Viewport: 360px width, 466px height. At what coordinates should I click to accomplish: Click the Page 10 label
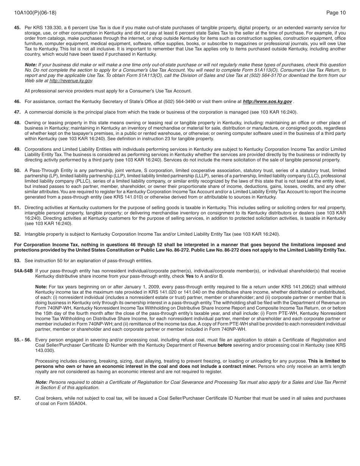(x=336, y=13)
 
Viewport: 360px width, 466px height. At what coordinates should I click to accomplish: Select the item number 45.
(x=17, y=28)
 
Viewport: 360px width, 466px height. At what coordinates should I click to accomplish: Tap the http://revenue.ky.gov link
(x=71, y=81)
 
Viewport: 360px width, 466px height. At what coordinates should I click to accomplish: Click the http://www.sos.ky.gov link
(x=267, y=102)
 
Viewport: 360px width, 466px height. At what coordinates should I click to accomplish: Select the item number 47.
(x=17, y=112)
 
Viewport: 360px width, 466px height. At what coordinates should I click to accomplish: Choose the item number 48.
(x=17, y=123)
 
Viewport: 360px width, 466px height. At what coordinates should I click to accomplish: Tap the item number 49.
(x=17, y=149)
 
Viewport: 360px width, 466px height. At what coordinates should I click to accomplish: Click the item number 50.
(x=17, y=170)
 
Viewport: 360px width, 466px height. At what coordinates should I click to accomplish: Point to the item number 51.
(x=17, y=208)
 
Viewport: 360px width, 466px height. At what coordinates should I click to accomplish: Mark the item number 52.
(x=17, y=234)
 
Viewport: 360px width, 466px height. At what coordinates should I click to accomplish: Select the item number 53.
(x=17, y=261)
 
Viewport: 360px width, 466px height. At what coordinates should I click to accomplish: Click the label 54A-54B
(x=23, y=271)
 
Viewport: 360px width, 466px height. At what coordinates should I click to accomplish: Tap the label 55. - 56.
(x=23, y=340)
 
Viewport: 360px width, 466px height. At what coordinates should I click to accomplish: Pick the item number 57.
(x=17, y=398)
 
